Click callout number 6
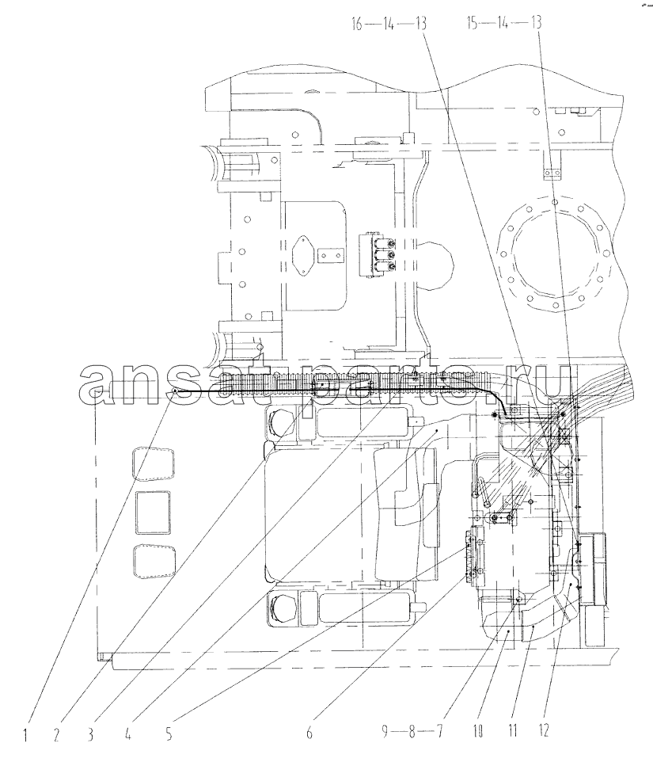coord(310,733)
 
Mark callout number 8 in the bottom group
coord(412,731)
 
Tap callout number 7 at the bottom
coord(439,731)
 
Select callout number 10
coord(477,731)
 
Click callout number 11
coord(512,731)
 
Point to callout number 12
coord(543,731)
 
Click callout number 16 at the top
coord(358,23)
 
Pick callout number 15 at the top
coord(473,23)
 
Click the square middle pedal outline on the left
coord(154,513)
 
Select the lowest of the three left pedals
coord(153,562)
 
